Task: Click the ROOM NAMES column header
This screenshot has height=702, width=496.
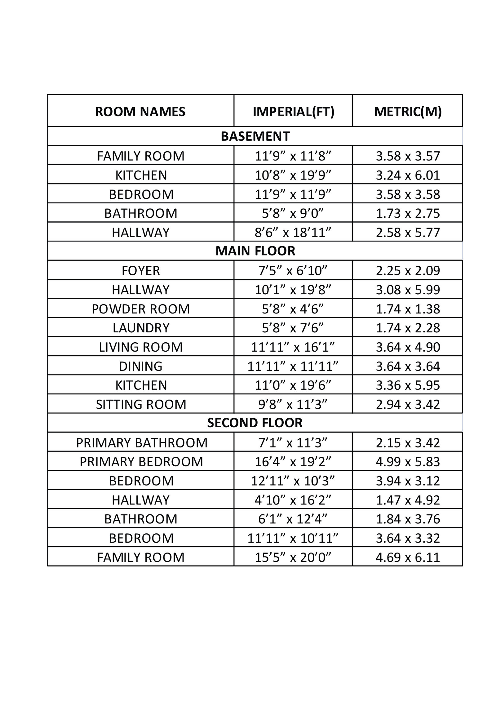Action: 140,112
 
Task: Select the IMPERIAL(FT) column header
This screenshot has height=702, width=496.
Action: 293,112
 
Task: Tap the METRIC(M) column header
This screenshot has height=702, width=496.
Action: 408,112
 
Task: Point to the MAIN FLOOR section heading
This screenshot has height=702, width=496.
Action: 255,251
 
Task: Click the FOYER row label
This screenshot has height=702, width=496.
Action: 141,271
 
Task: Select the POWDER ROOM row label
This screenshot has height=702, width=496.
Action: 141,309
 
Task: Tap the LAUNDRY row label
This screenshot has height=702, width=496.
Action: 141,328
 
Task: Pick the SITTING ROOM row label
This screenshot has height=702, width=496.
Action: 141,404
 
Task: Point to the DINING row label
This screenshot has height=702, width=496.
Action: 141,366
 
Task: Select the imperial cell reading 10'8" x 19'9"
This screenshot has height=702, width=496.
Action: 293,175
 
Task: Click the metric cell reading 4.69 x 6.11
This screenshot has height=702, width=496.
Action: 408,557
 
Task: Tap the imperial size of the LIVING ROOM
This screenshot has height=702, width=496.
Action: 293,347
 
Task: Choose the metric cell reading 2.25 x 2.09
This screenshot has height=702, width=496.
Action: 408,271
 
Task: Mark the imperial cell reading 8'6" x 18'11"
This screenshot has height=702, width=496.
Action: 293,232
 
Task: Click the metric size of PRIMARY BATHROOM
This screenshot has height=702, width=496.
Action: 408,442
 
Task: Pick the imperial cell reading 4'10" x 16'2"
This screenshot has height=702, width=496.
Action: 293,500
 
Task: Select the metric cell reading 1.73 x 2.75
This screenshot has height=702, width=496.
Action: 408,213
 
